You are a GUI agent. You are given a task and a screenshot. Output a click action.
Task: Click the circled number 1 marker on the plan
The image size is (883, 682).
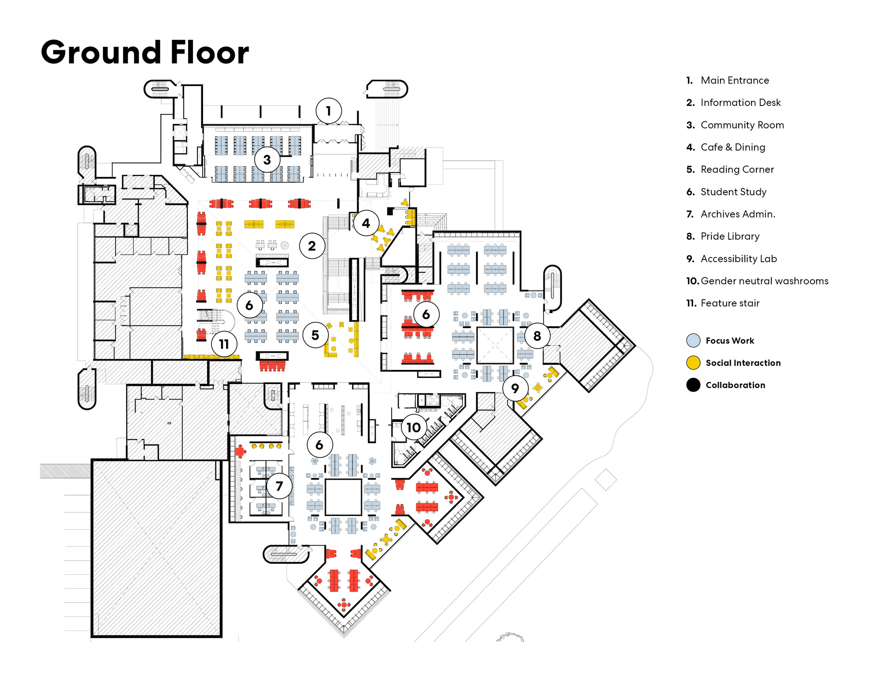[x=328, y=111]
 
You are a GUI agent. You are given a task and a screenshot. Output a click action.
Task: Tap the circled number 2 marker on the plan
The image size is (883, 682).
[x=312, y=246]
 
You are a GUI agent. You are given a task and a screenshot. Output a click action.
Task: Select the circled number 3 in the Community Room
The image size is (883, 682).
[x=267, y=160]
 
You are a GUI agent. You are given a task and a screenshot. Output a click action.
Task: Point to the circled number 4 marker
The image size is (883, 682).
[x=366, y=223]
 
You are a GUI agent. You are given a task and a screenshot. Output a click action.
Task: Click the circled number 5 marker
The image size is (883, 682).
[x=315, y=335]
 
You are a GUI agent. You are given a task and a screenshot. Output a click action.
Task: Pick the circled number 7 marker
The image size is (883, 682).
[x=279, y=486]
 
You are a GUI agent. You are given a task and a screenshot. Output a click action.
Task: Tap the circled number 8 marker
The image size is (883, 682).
[x=537, y=336]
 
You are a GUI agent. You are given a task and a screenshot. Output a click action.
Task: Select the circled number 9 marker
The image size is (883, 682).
[x=515, y=388]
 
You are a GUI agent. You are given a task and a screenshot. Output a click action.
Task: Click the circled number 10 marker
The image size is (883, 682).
[x=414, y=427]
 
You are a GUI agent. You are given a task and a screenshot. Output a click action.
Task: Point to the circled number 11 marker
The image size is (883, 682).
[x=224, y=344]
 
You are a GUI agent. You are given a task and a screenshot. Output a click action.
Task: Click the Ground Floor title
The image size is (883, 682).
[x=145, y=53]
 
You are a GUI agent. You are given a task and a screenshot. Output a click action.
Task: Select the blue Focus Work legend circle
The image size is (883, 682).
[x=693, y=340]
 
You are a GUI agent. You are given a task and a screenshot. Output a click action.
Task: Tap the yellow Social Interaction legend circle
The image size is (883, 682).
[x=693, y=363]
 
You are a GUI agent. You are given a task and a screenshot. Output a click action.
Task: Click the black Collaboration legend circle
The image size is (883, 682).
[x=693, y=385]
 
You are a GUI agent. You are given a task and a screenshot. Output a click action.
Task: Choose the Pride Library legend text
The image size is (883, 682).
[x=730, y=236]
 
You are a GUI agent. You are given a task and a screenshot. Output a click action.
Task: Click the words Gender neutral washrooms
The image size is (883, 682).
[x=764, y=281]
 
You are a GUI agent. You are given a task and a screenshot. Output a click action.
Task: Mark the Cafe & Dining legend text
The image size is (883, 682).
[x=733, y=147]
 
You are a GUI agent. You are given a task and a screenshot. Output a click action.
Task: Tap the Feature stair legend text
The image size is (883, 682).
[x=730, y=303]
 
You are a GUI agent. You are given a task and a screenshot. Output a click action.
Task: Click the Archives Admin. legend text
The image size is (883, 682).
[x=738, y=214]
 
